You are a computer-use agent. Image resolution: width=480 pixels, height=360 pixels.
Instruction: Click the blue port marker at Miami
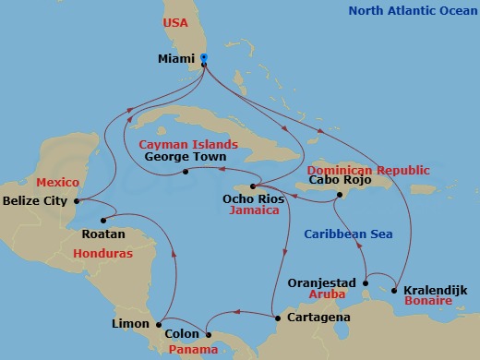(x=204, y=57)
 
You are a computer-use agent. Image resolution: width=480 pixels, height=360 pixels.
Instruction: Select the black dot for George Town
(x=186, y=172)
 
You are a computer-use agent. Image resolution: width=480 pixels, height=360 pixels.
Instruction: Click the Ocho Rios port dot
(x=251, y=186)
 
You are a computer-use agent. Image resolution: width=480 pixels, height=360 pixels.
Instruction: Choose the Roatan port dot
(x=104, y=221)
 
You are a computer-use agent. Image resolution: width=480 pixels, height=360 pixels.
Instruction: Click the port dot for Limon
(x=159, y=323)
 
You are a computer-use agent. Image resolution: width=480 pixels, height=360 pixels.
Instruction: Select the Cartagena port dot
(x=276, y=318)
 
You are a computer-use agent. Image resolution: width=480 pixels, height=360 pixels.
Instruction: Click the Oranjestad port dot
(x=366, y=282)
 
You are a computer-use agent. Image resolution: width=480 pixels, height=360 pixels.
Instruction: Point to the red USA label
(x=174, y=23)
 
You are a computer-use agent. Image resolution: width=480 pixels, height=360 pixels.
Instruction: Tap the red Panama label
(x=193, y=350)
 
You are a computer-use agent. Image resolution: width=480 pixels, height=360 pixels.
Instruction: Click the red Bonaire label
(x=422, y=302)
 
